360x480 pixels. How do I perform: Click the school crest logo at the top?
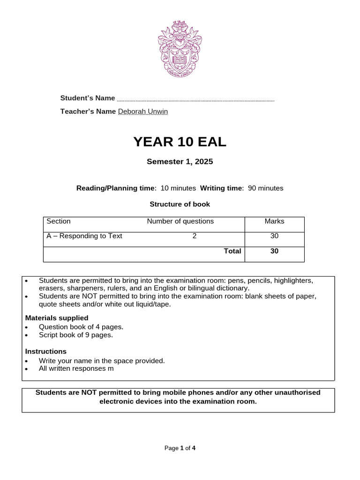pos(180,49)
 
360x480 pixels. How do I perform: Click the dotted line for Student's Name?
pos(195,100)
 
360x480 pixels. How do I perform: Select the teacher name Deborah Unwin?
pos(142,112)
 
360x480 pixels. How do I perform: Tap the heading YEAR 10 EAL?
pos(180,142)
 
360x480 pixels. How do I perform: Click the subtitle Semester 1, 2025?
pos(180,162)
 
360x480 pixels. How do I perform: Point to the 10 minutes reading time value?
pos(178,188)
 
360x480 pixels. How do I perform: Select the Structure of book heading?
pos(180,204)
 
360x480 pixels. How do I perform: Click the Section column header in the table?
pos(59,221)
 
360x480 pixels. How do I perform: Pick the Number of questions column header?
pos(180,221)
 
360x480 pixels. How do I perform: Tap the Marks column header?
pos(274,221)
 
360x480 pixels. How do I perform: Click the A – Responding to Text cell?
pos(84,236)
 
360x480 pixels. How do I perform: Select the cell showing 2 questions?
pos(195,236)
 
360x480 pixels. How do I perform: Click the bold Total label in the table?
pos(232,251)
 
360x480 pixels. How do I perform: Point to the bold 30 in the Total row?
pos(274,251)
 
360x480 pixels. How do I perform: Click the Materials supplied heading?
pos(57,318)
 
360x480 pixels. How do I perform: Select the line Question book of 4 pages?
pos(81,327)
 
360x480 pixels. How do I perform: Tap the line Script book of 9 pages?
pos(75,335)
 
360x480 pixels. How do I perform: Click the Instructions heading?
pos(45,352)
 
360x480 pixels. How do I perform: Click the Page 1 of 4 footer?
pos(180,448)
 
